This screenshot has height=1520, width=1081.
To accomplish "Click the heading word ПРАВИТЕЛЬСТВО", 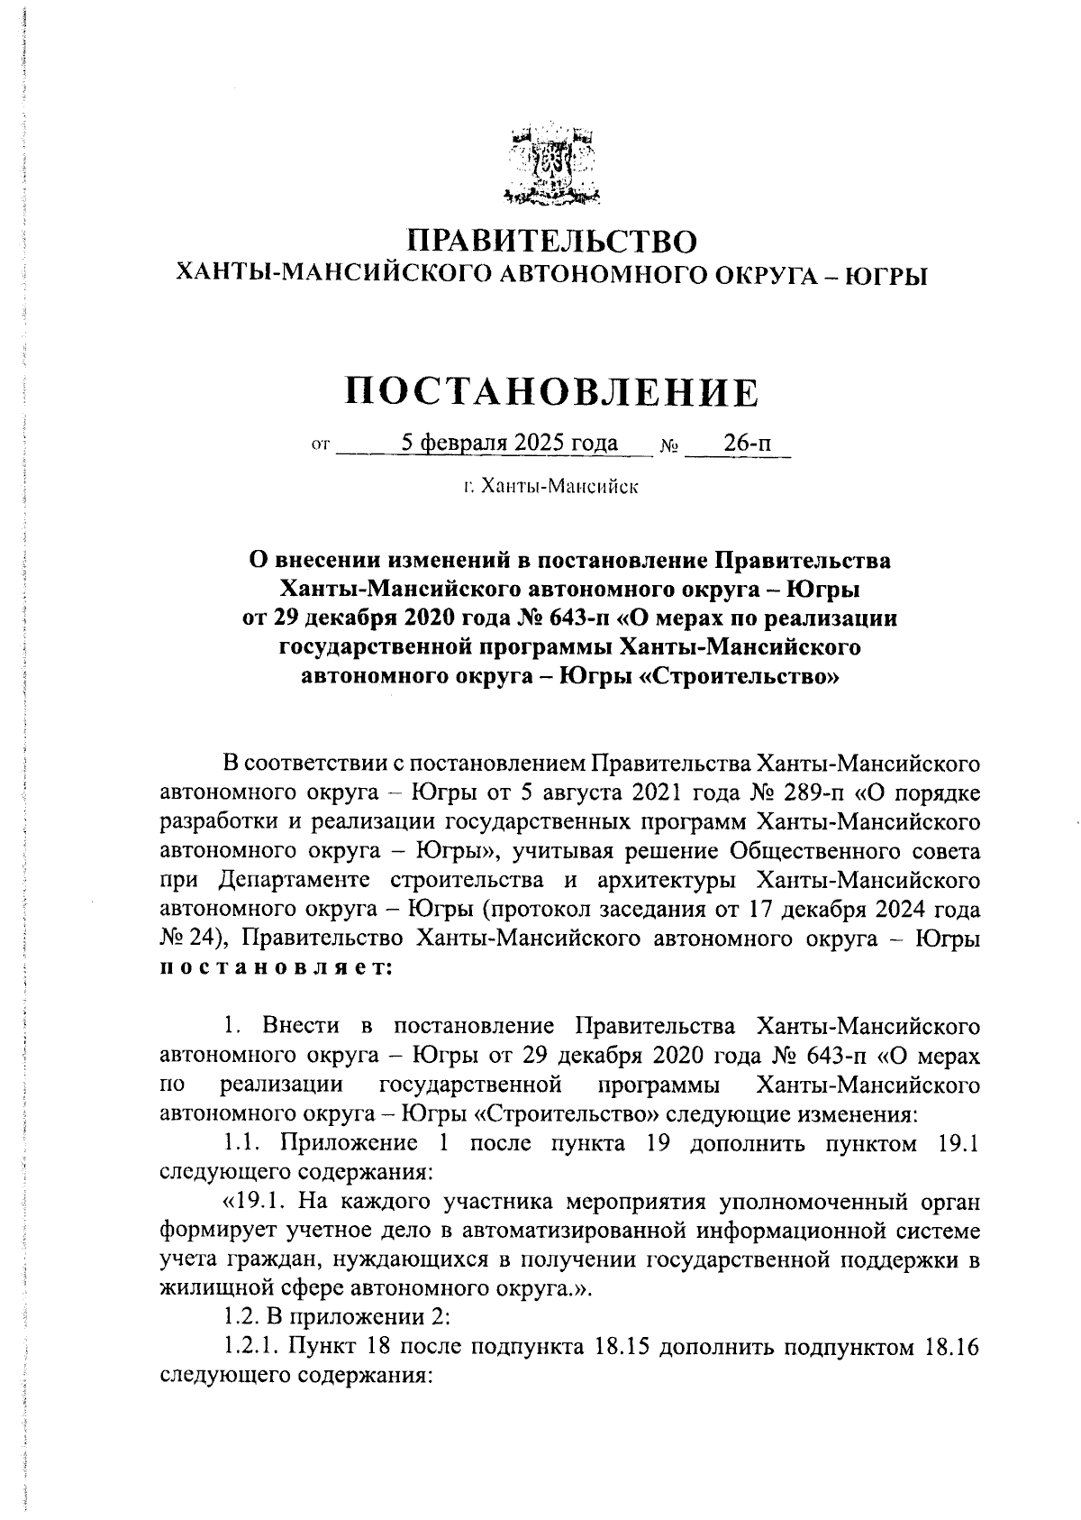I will (x=552, y=242).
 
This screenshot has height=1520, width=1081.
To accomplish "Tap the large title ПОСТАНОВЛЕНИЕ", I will (x=552, y=393).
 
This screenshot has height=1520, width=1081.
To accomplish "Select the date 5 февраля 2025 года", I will (x=510, y=443).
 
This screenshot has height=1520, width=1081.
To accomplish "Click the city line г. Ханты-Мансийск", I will (x=551, y=488).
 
